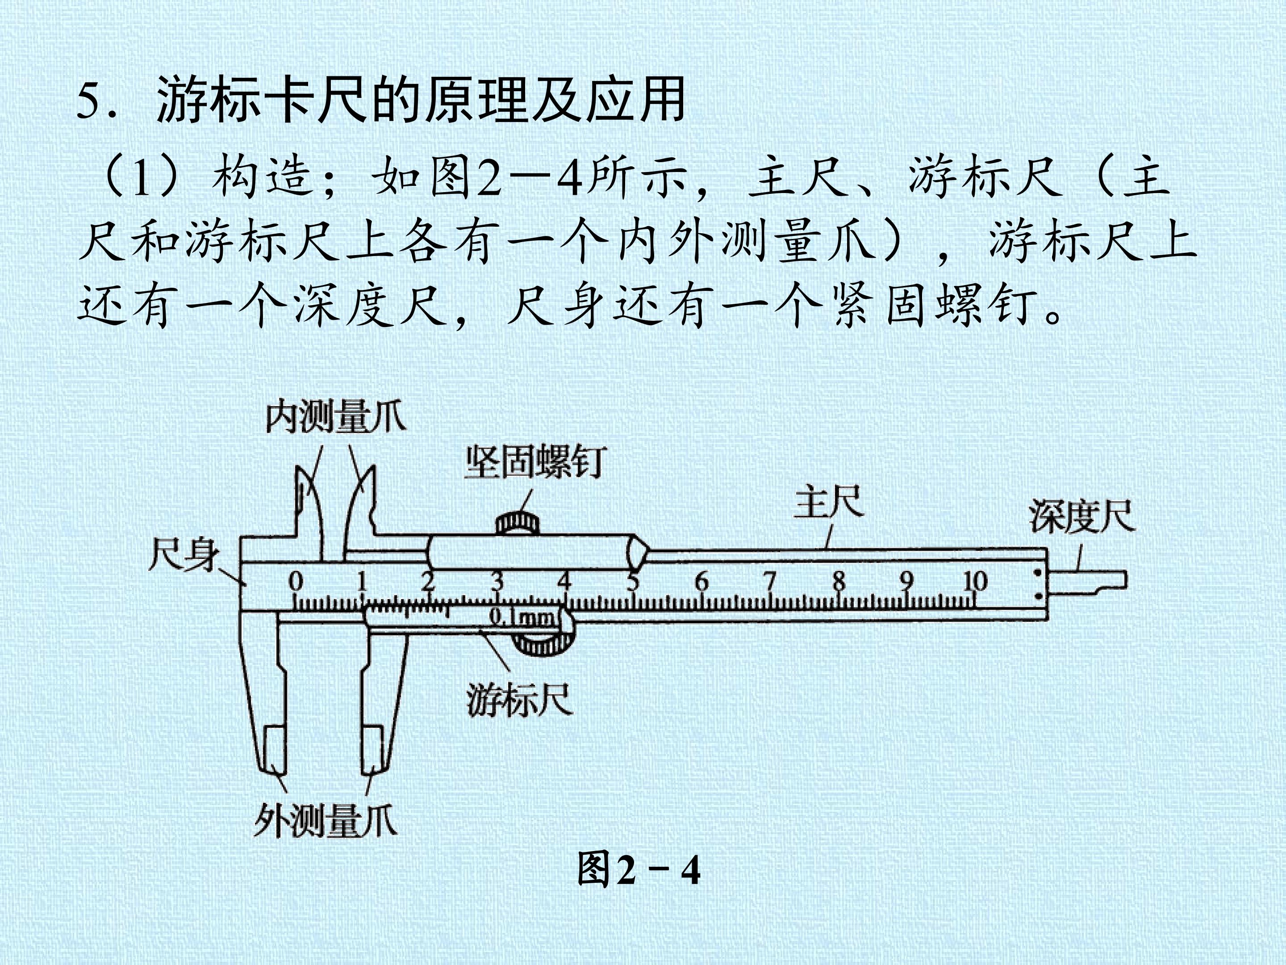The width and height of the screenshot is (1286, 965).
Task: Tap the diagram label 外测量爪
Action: (326, 821)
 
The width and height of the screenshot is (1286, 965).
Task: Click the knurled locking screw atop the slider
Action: (518, 522)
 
